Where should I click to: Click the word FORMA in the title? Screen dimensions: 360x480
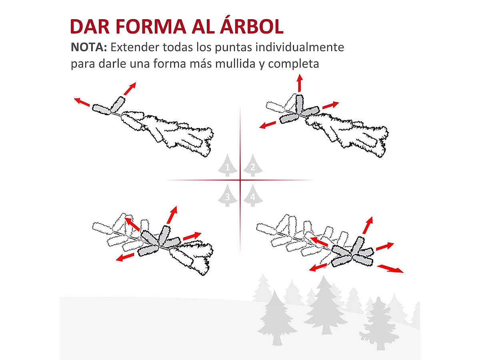point(151,26)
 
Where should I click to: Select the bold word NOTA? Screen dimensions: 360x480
point(89,47)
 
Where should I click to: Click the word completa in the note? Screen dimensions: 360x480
point(294,64)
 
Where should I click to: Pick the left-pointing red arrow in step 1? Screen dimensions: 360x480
point(82,102)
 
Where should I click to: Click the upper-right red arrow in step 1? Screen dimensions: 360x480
point(130,88)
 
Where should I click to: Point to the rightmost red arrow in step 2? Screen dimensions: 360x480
point(330,105)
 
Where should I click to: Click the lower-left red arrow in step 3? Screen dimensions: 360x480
point(125,257)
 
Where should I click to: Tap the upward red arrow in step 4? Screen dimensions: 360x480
point(368,225)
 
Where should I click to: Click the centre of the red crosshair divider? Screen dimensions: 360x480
point(240,180)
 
